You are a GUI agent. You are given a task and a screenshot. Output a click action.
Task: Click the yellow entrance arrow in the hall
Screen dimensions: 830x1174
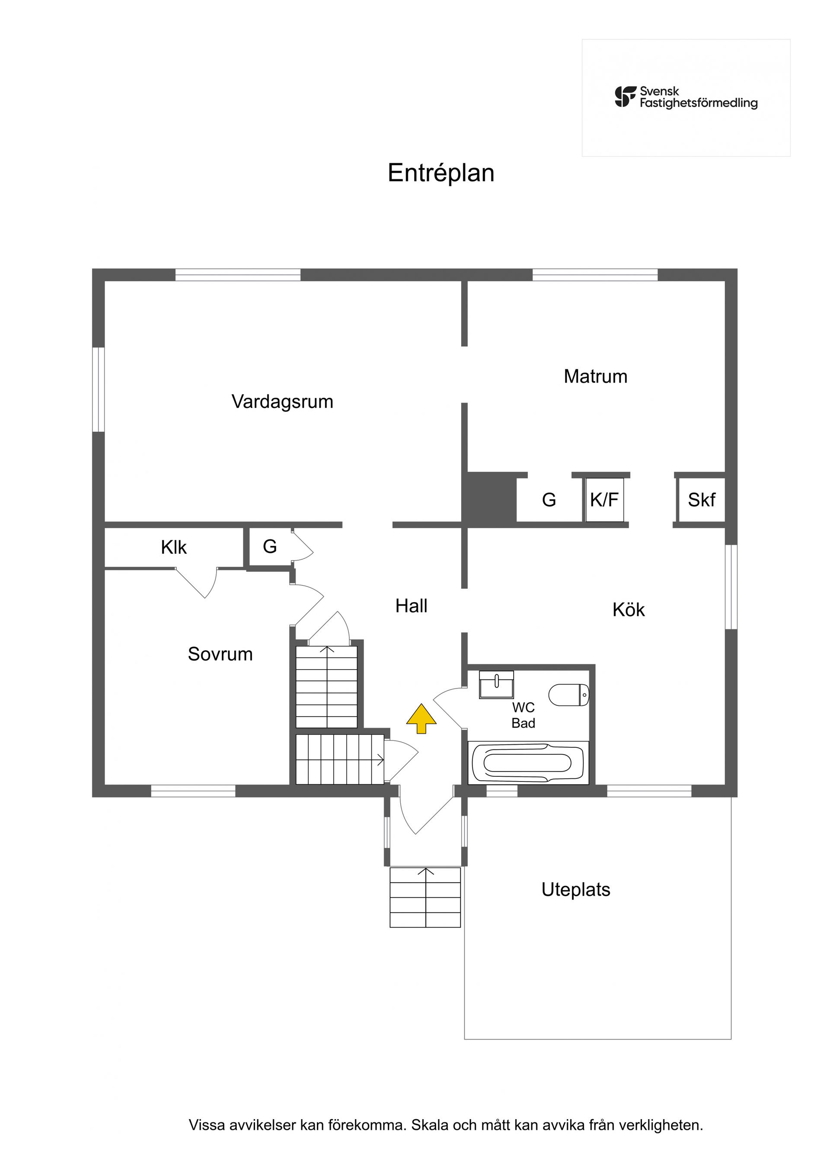pyautogui.click(x=421, y=718)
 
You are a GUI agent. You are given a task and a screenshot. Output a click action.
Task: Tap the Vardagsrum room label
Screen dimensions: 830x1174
pyautogui.click(x=282, y=402)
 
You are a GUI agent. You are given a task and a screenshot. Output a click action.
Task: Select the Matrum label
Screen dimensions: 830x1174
pyautogui.click(x=595, y=376)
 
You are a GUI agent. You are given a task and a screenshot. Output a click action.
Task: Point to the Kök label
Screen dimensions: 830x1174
pyautogui.click(x=629, y=609)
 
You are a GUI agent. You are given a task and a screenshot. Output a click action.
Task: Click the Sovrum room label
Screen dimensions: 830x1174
pyautogui.click(x=220, y=654)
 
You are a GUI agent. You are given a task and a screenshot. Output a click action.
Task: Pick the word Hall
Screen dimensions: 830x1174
pyautogui.click(x=411, y=606)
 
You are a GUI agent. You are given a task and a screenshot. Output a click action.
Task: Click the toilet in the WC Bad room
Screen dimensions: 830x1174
pyautogui.click(x=568, y=694)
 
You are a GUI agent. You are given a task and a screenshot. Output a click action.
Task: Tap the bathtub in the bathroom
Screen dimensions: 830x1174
pyautogui.click(x=528, y=763)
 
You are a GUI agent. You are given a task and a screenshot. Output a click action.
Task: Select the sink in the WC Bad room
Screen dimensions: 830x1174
pyautogui.click(x=496, y=685)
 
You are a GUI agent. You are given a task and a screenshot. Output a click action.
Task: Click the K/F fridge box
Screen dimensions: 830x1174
pyautogui.click(x=604, y=500)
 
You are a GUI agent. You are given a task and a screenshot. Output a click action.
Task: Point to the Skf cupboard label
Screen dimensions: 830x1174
pyautogui.click(x=701, y=500)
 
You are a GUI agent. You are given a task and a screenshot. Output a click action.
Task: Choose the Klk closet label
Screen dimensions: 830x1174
pyautogui.click(x=174, y=548)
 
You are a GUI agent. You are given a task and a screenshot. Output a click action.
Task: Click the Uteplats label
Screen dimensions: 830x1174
pyautogui.click(x=576, y=890)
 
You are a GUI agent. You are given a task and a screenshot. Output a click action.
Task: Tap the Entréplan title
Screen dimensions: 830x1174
pyautogui.click(x=441, y=173)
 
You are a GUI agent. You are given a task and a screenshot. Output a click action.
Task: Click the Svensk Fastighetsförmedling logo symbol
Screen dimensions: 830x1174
pyautogui.click(x=626, y=97)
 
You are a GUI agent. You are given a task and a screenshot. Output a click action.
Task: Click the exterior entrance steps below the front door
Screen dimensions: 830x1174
pyautogui.click(x=425, y=897)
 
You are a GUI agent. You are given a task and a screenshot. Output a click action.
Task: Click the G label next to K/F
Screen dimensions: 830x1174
pyautogui.click(x=549, y=500)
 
